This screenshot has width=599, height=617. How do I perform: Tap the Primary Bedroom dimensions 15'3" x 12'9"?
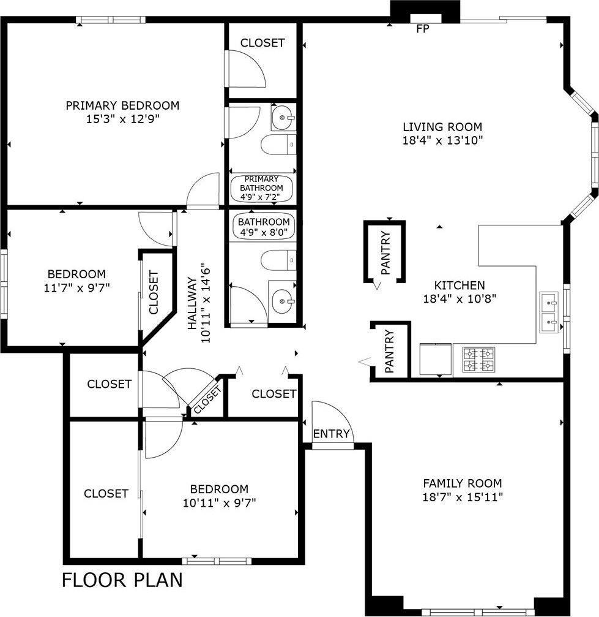click(122, 119)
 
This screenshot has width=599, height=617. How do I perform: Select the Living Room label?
click(442, 127)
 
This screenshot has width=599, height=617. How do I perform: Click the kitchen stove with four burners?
click(478, 360)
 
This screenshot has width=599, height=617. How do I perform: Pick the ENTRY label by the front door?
click(331, 434)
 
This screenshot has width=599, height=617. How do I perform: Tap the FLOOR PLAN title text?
click(122, 580)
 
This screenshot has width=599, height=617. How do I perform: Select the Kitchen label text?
click(459, 286)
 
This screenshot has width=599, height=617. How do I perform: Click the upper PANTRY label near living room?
click(385, 252)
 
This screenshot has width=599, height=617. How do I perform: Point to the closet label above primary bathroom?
click(262, 43)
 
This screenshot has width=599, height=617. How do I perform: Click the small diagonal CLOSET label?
click(207, 401)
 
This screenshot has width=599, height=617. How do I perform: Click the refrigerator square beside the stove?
click(435, 360)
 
